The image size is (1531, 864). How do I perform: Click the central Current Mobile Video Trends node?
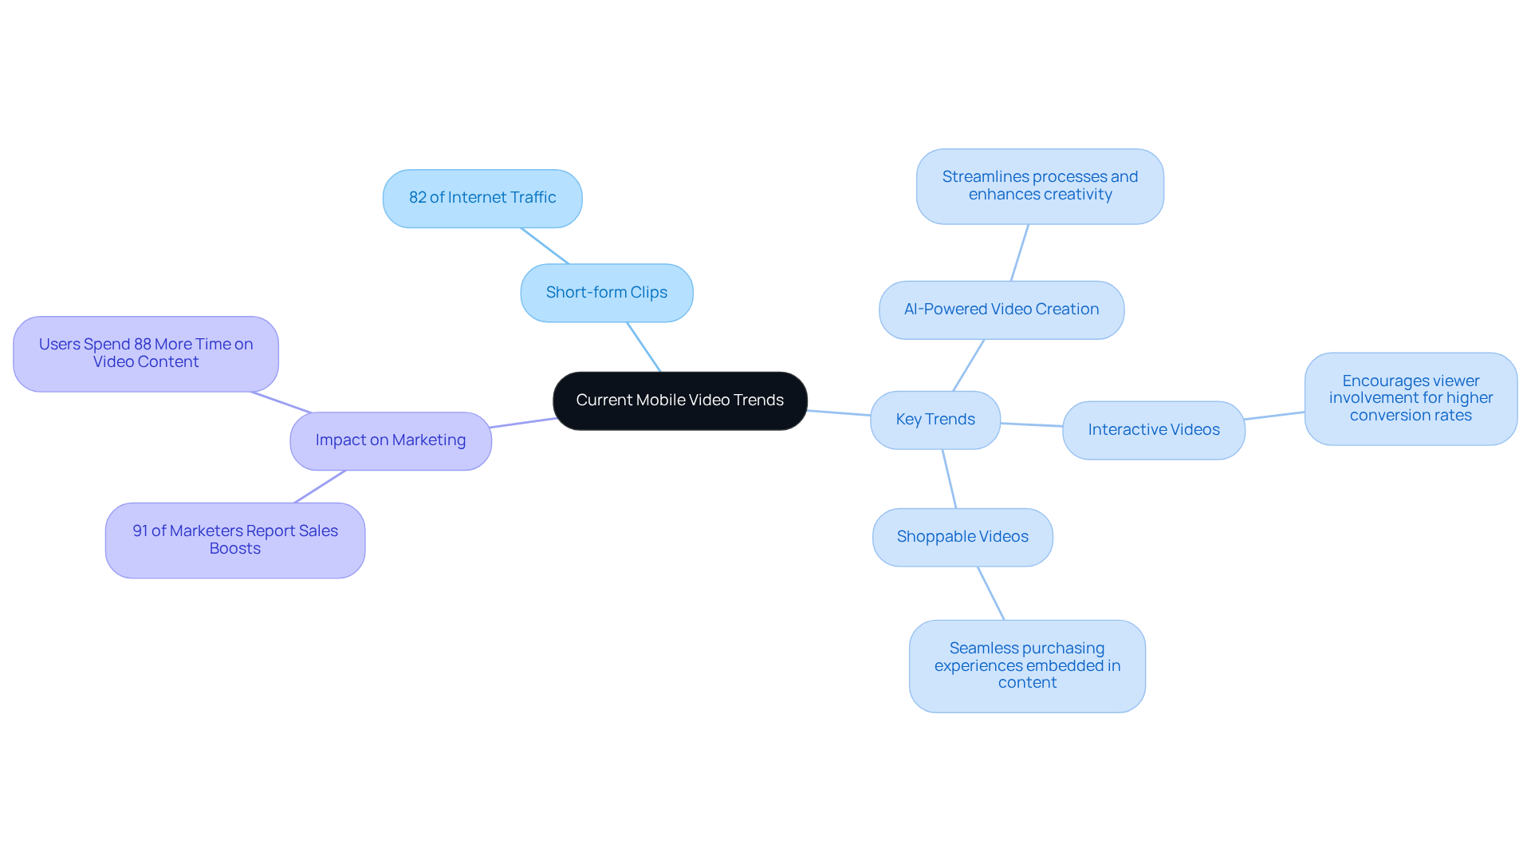coord(679,400)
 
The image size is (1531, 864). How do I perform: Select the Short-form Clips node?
coord(606,293)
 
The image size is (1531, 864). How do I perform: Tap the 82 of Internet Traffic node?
coord(482,198)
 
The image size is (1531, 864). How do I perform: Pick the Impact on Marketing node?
coord(390,440)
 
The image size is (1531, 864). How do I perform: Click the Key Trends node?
coord(935,420)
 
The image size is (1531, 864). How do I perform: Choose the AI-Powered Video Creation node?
coord(1001,310)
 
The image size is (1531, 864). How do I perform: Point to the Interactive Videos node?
coord(1153,430)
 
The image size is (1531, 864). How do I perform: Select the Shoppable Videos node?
coord(962,537)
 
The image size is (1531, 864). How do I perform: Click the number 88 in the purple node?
coord(143,345)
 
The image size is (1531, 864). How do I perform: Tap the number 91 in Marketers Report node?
coord(140,531)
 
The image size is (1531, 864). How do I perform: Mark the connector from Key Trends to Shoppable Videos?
coord(949,479)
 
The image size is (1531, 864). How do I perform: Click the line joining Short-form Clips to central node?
coord(643,347)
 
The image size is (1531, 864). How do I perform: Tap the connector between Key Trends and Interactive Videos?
coord(1031,424)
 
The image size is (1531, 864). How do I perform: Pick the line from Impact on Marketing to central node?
coord(522,423)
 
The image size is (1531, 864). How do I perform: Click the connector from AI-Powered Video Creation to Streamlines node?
coord(1020,252)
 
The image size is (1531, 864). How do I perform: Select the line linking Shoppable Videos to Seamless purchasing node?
coord(990,593)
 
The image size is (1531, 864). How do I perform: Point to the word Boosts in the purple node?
coord(234,549)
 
